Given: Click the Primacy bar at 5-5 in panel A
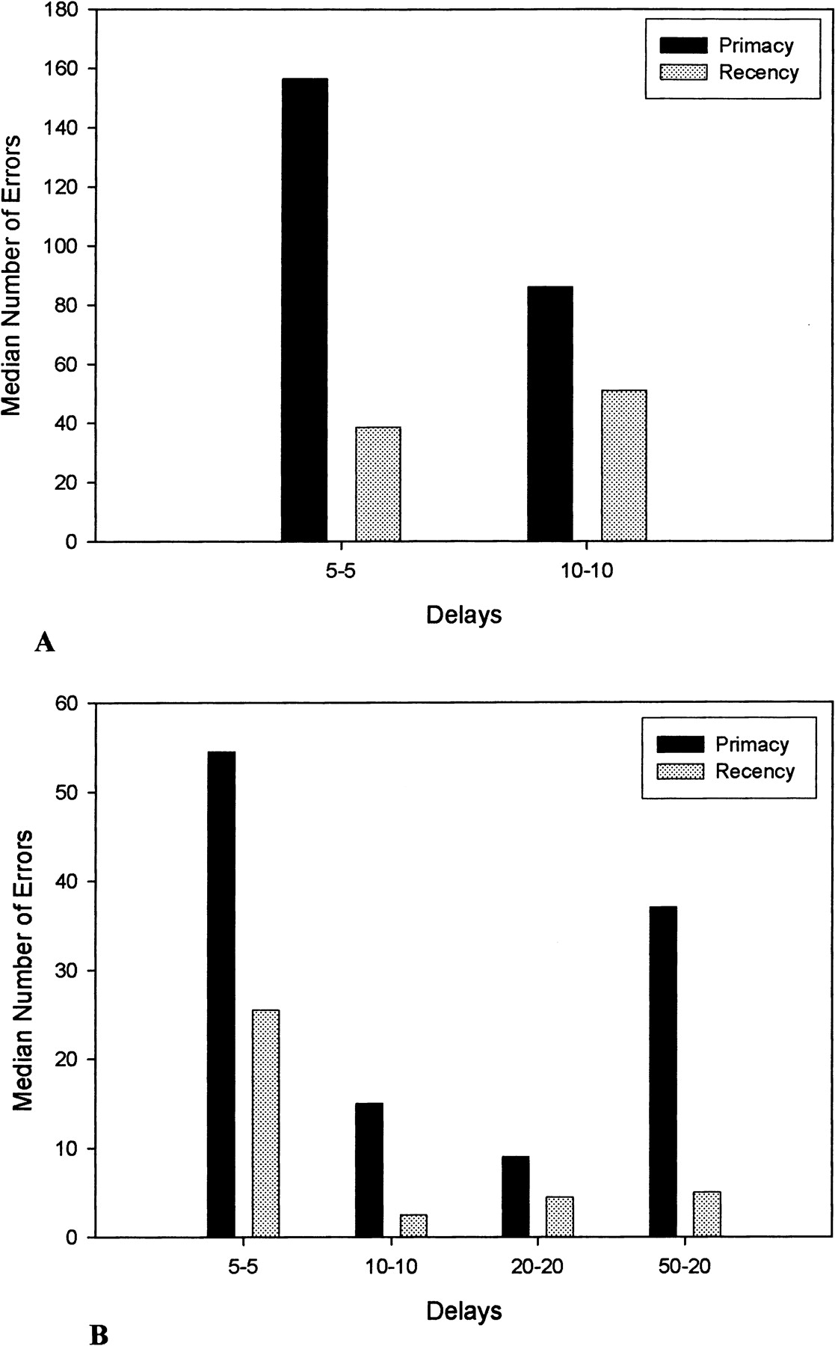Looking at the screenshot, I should pos(304,310).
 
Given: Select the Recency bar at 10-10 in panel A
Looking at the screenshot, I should pos(624,465).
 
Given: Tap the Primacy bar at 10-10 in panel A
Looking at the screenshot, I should pos(550,414).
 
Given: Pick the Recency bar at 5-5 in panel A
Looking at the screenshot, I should pos(378,484).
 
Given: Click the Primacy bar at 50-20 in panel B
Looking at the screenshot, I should pos(663,1072).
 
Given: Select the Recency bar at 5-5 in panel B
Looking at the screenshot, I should pos(265,1123).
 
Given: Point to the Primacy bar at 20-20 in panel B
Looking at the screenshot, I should pos(516,1196).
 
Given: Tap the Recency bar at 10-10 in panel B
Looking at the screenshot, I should pos(413,1226).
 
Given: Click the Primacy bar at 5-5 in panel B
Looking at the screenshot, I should pos(221,994).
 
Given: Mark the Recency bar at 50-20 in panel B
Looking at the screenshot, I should pos(707,1214).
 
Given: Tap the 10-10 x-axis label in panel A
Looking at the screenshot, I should pos(587,571).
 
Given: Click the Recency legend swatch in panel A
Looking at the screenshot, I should pos(683,73).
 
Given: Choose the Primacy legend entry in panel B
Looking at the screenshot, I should pos(751,744).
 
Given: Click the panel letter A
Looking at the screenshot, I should pos(44,642).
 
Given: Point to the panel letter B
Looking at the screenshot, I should pos(99,1333).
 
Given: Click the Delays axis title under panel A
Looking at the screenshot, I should pos(463,615).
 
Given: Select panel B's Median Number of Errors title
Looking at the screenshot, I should pos(23,970).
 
